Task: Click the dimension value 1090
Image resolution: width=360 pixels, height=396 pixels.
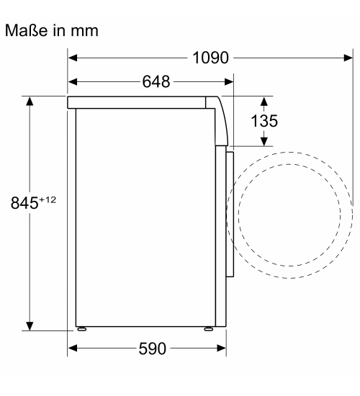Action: [210, 58]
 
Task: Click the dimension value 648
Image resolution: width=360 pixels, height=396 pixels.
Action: [156, 82]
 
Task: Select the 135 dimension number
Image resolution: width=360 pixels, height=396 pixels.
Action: [264, 121]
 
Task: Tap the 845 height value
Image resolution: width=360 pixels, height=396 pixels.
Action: [24, 203]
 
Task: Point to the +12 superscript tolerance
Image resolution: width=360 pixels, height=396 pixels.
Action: [48, 200]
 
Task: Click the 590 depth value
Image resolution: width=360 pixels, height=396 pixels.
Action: [153, 348]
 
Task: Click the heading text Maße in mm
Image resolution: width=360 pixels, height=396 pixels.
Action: [52, 31]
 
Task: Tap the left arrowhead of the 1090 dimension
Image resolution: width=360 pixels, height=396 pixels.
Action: [73, 58]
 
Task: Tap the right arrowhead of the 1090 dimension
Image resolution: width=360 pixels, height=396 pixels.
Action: [348, 58]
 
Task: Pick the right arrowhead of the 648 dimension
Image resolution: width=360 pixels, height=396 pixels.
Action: [229, 82]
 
